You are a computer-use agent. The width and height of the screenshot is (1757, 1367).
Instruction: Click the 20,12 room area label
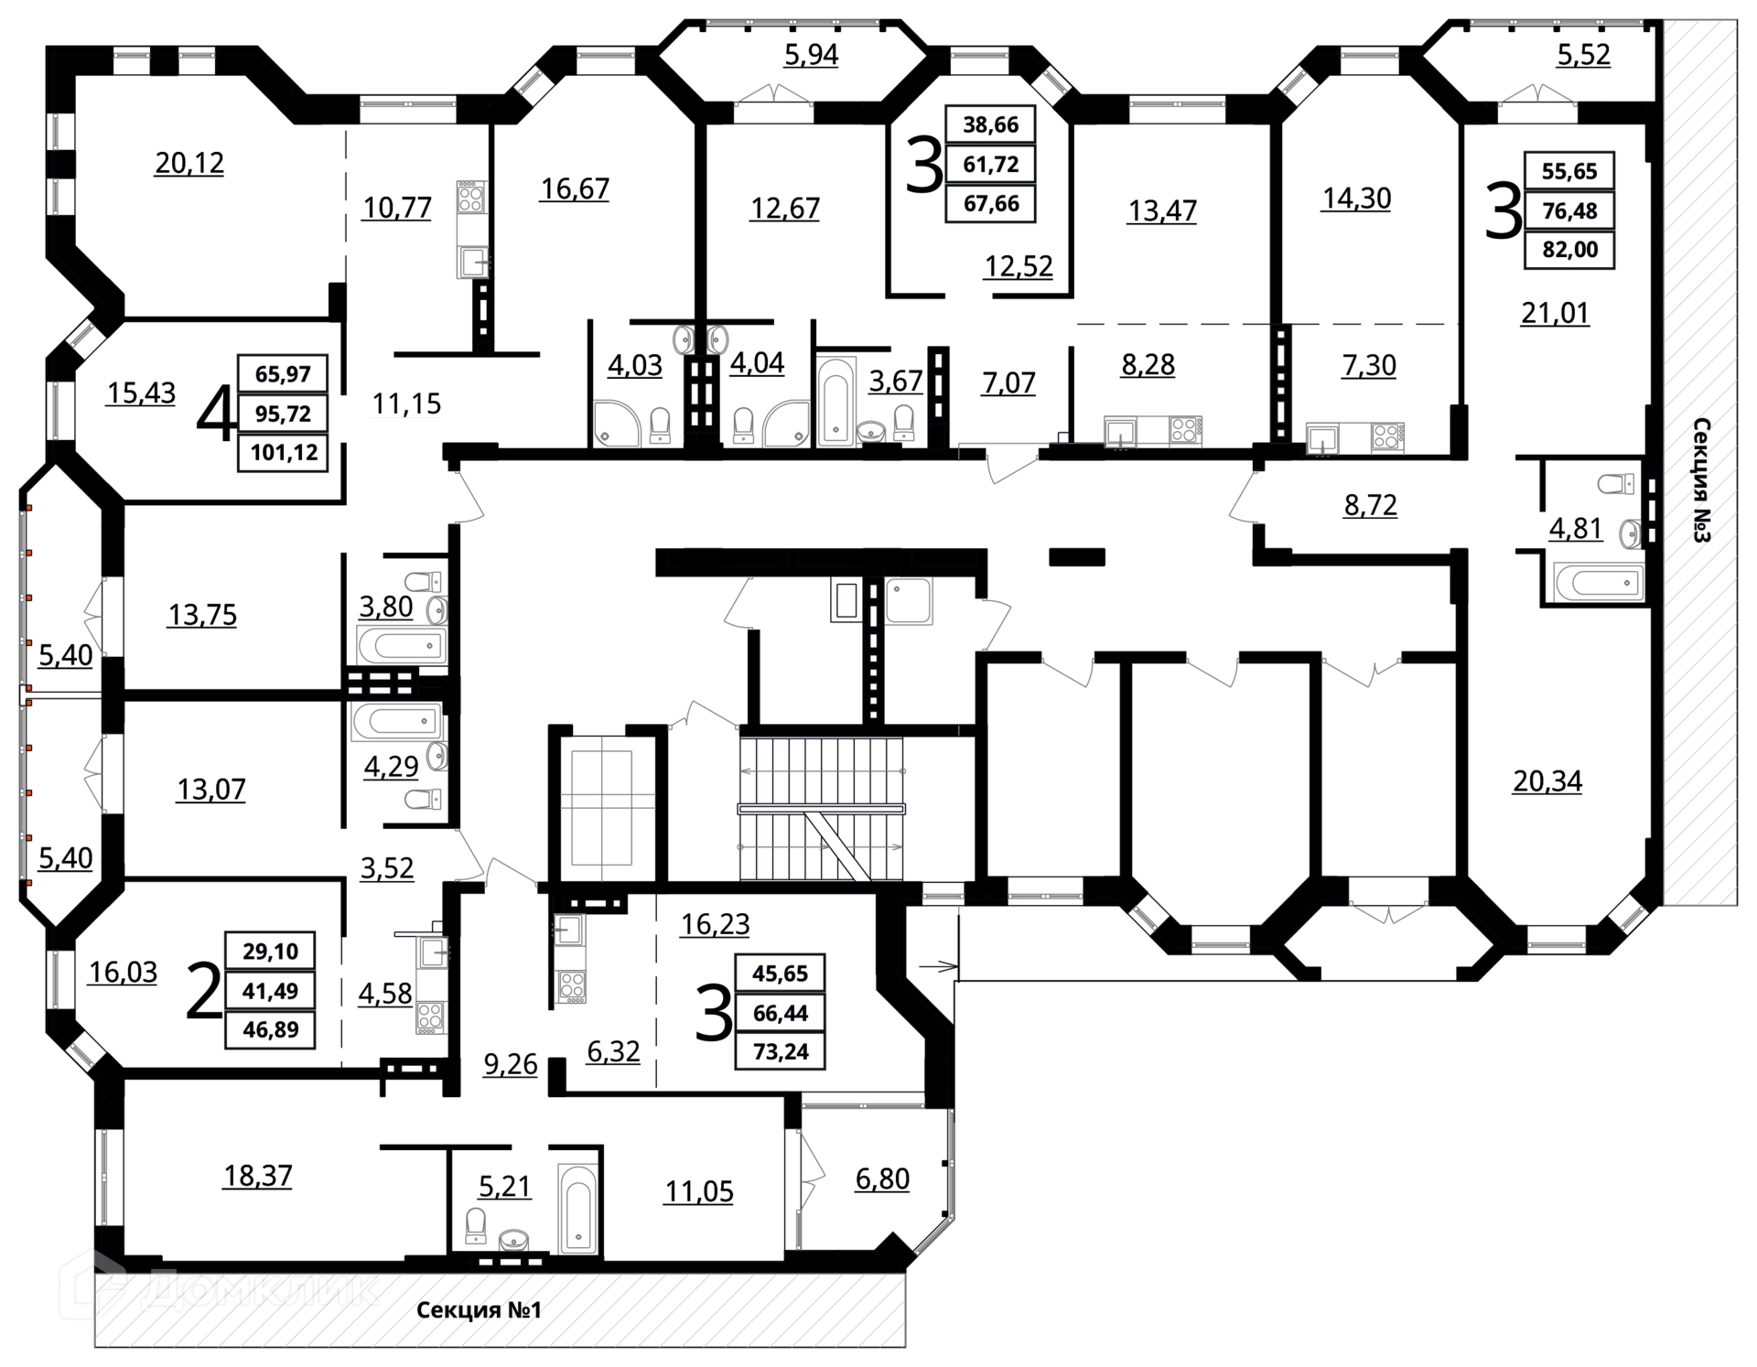(189, 163)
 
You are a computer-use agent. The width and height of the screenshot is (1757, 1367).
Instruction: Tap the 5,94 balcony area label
(811, 55)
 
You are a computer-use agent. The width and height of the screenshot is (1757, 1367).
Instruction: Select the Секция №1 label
(480, 1310)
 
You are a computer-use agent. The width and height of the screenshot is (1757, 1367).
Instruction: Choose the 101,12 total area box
(283, 453)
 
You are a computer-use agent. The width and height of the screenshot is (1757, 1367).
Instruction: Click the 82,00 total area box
(1569, 250)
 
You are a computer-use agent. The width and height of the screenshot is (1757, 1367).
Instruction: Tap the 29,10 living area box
(270, 952)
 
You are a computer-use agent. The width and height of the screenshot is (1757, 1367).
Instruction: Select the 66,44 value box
(781, 1013)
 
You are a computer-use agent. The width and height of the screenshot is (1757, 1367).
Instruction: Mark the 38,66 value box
(991, 124)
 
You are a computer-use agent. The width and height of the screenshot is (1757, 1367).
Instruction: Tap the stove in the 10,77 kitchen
(471, 197)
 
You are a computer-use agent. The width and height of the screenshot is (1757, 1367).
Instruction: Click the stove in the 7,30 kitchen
(1387, 436)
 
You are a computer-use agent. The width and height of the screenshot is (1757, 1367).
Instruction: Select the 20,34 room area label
(1547, 781)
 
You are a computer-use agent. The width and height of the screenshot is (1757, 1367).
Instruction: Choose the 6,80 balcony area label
(882, 1179)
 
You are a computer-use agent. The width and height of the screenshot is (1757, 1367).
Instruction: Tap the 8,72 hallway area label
(1370, 505)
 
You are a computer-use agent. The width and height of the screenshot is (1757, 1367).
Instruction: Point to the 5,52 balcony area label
(1584, 55)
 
